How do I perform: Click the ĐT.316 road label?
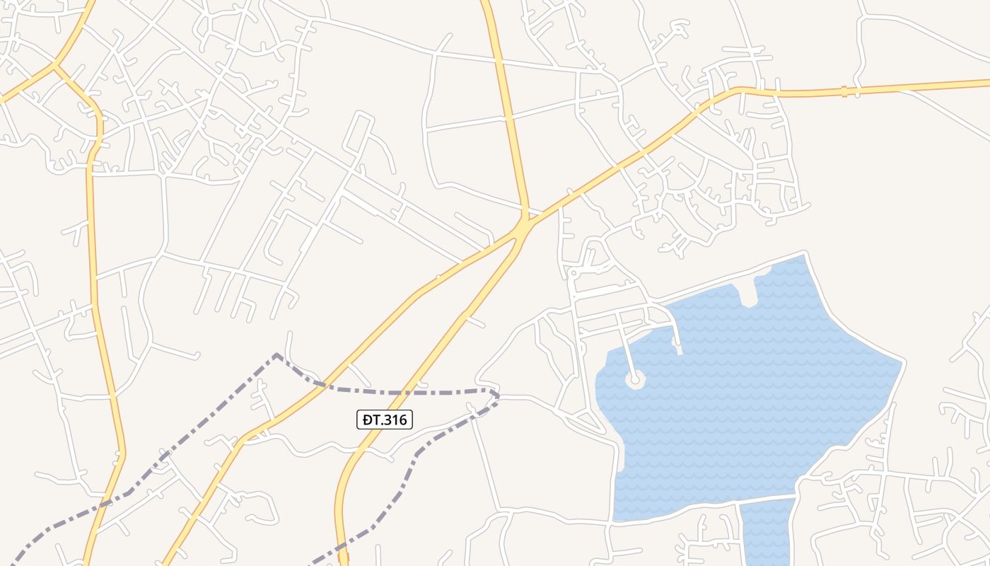coord(384,420)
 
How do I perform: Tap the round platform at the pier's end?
coord(634,380)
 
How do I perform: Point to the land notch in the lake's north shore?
coord(747,294)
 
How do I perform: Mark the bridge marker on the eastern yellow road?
coord(843,91)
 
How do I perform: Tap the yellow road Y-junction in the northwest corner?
coord(54,66)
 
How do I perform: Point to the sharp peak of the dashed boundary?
coord(276,354)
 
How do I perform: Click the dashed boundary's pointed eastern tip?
coord(498,396)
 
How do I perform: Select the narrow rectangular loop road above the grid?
coord(358,135)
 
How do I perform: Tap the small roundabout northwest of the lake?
coord(574,272)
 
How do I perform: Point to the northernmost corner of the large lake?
coord(805,255)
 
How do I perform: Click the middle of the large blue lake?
coord(750,396)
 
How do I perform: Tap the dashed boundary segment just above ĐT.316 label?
coord(396,392)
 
